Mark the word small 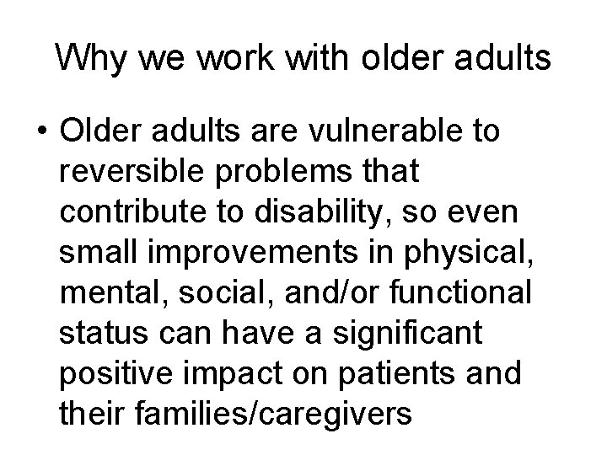point(94,250)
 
